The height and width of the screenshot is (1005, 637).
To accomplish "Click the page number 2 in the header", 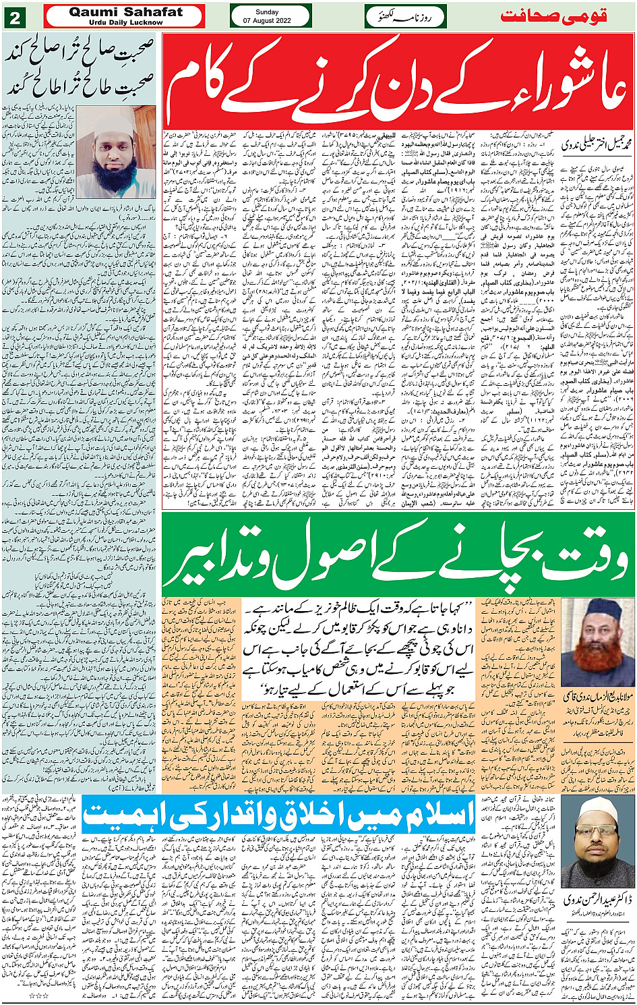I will [14, 17].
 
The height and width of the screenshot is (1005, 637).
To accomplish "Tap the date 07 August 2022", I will [270, 21].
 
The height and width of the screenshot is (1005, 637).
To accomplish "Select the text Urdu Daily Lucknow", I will [125, 22].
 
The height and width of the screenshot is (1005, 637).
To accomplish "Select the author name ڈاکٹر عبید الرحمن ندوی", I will [597, 900].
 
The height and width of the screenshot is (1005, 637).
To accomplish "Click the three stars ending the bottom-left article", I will [40, 995].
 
